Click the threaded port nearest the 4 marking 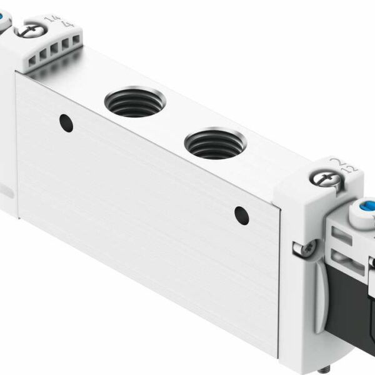(x=134, y=102)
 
